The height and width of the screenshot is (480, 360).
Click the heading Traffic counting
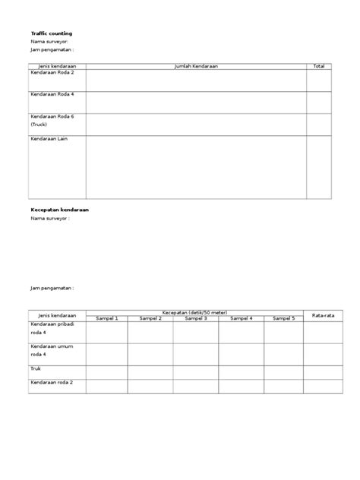pyautogui.click(x=52, y=34)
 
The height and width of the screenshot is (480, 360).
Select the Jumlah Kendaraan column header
pyautogui.click(x=196, y=67)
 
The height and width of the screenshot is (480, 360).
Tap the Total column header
pyautogui.click(x=318, y=67)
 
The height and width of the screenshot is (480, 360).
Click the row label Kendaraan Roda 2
pyautogui.click(x=52, y=73)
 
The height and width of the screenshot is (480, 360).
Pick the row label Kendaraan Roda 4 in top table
pyautogui.click(x=52, y=95)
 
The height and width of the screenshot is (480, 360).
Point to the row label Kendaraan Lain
pyautogui.click(x=50, y=139)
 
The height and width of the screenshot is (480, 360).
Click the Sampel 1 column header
pyautogui.click(x=107, y=318)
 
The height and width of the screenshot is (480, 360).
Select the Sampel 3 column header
pyautogui.click(x=196, y=318)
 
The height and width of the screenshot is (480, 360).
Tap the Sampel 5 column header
pyautogui.click(x=283, y=318)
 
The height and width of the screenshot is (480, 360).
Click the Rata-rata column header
pyautogui.click(x=317, y=315)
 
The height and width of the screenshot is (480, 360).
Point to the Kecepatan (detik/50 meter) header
pyautogui.click(x=195, y=312)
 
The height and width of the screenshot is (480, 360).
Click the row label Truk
pyautogui.click(x=36, y=369)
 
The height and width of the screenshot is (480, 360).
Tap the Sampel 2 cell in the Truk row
pyautogui.click(x=150, y=371)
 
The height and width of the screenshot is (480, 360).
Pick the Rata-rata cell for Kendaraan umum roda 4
pyautogui.click(x=317, y=353)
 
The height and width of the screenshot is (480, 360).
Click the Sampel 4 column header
pyautogui.click(x=242, y=318)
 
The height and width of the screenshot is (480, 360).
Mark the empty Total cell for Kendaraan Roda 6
pyautogui.click(x=318, y=124)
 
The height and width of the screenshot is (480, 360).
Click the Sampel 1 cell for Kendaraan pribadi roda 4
pyautogui.click(x=107, y=332)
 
